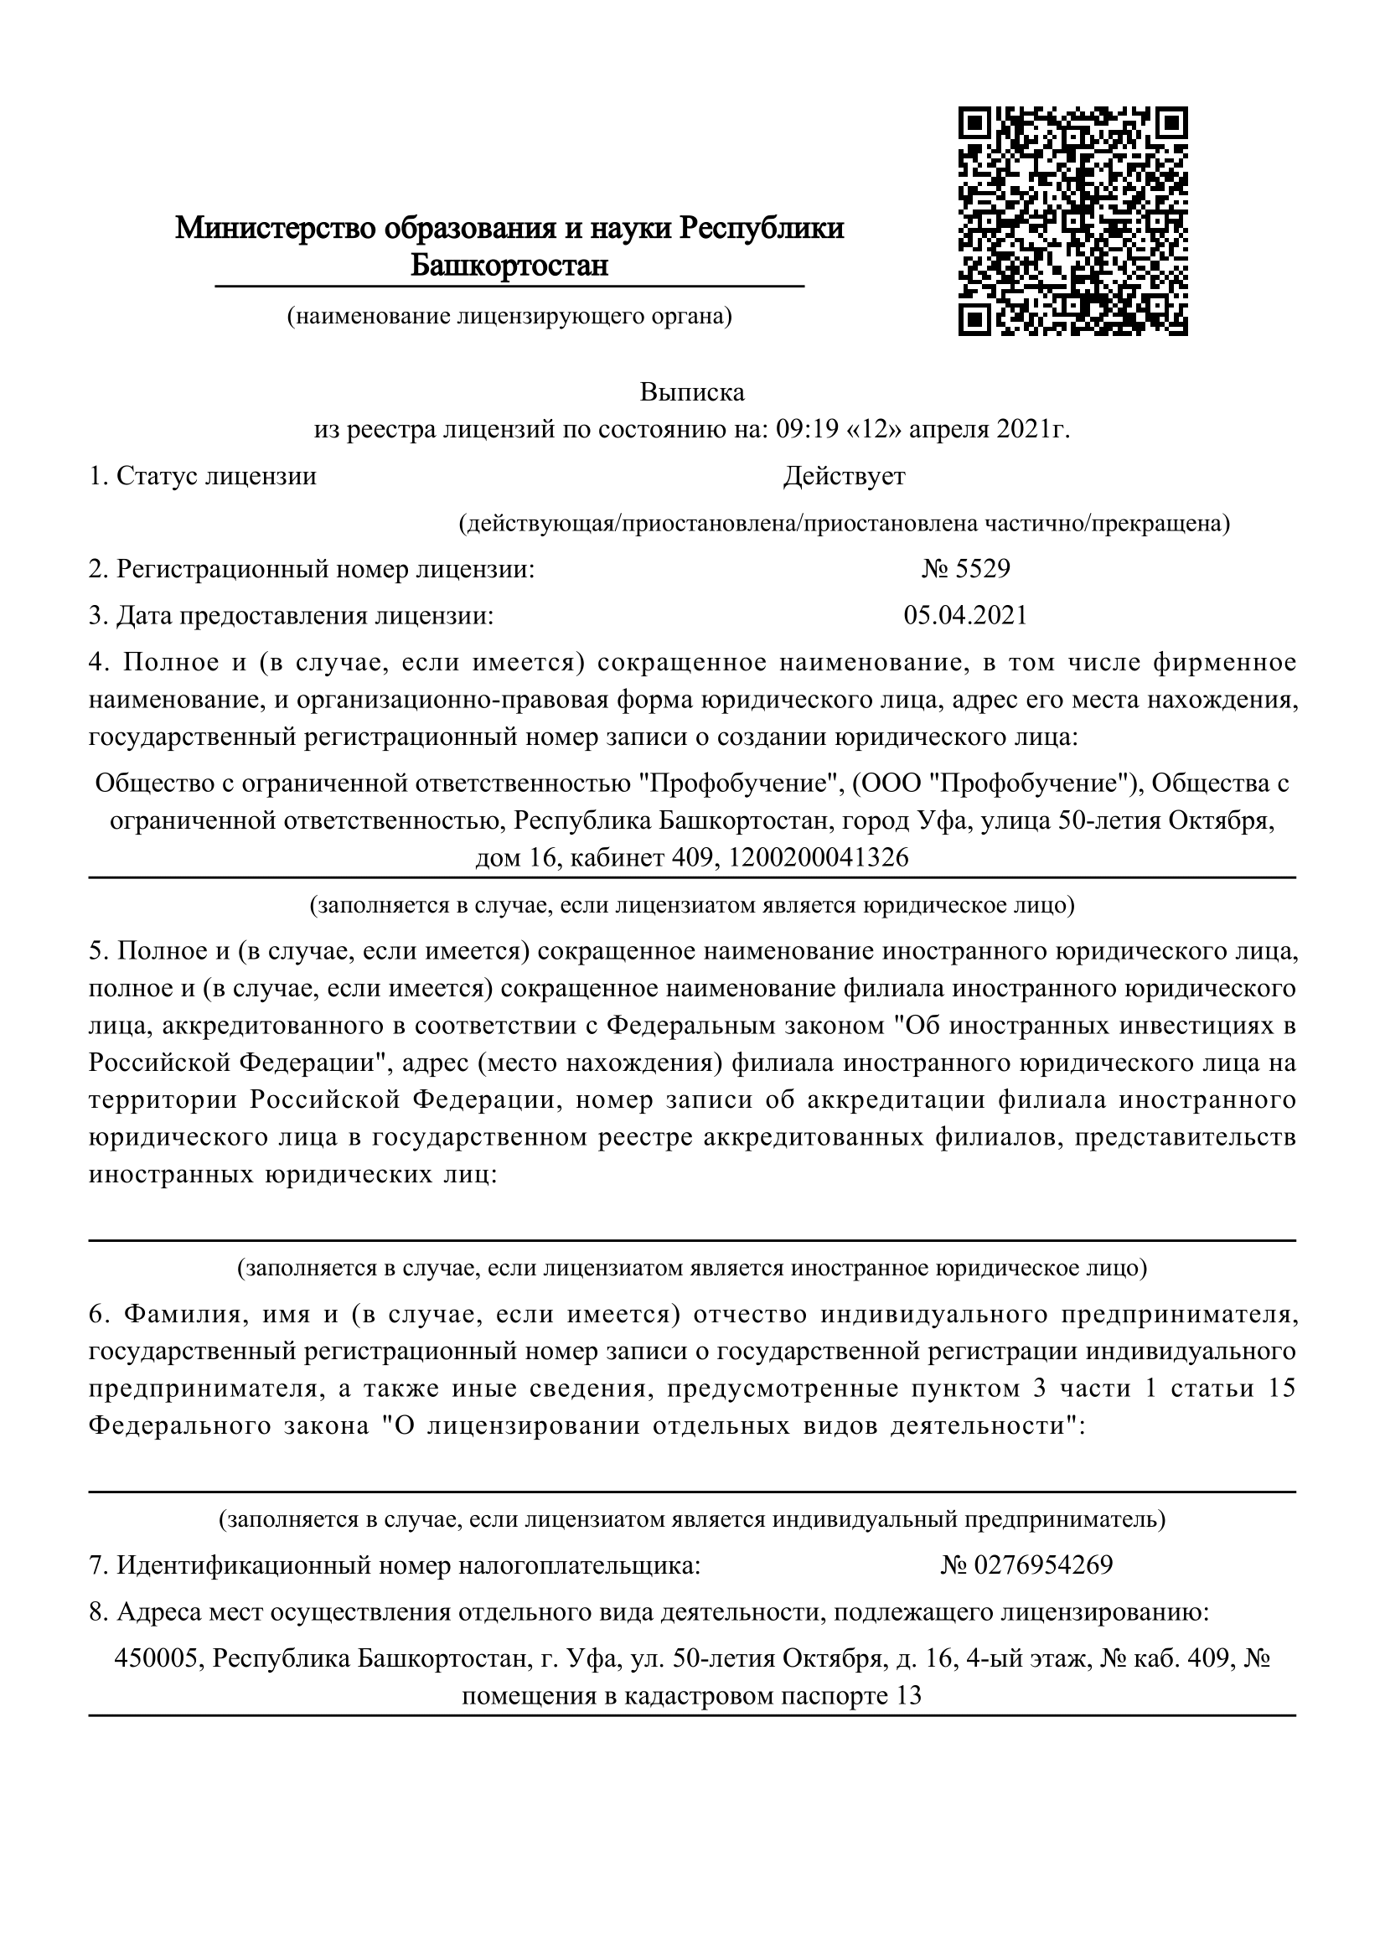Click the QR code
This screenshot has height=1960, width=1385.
tap(1072, 220)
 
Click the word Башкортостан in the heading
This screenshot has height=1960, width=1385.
tap(509, 266)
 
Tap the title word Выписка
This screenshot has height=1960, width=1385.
tap(692, 393)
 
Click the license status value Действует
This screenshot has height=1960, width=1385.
tap(844, 476)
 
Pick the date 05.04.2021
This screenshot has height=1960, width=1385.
tap(965, 616)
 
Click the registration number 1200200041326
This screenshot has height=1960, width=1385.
tap(820, 857)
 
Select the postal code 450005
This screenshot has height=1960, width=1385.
tap(158, 1658)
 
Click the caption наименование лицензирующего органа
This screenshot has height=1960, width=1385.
tap(509, 317)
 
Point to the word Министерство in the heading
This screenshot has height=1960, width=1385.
tap(276, 228)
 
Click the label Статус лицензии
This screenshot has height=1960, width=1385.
tap(216, 476)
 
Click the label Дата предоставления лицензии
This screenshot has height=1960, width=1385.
tap(305, 616)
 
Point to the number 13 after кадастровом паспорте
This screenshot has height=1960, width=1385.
tap(910, 1695)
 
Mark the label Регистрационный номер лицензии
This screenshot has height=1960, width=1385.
tap(325, 568)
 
